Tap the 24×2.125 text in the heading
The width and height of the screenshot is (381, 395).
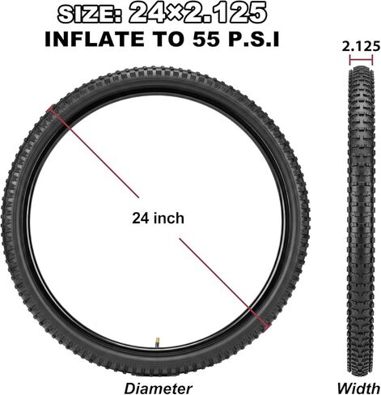coord(197,13)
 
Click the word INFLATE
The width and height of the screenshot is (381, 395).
coord(95,39)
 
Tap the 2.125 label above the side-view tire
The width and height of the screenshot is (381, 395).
coord(361,46)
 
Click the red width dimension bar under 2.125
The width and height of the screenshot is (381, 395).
coord(361,60)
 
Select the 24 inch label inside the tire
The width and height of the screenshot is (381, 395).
coord(158,218)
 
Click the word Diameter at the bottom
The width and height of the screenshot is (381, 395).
coord(159,389)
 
